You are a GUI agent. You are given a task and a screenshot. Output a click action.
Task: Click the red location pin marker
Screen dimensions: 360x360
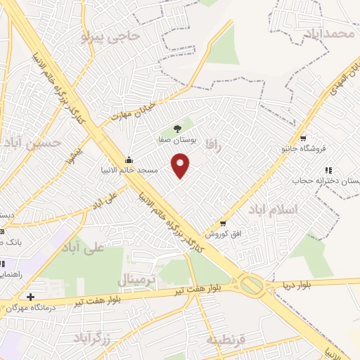click(181, 165)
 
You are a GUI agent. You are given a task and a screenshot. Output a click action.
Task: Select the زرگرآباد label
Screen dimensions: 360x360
click(91, 336)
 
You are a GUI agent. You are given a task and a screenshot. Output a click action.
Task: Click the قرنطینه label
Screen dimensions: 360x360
click(226, 340)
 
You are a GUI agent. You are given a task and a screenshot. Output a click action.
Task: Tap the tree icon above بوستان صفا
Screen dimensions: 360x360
click(177, 128)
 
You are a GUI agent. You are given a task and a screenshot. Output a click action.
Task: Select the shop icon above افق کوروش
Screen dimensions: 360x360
click(223, 224)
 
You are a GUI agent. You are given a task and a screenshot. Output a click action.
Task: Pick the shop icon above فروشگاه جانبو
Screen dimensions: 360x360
click(302, 138)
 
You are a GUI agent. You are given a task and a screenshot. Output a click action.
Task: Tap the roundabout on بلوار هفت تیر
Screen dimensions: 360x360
click(250, 285)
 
